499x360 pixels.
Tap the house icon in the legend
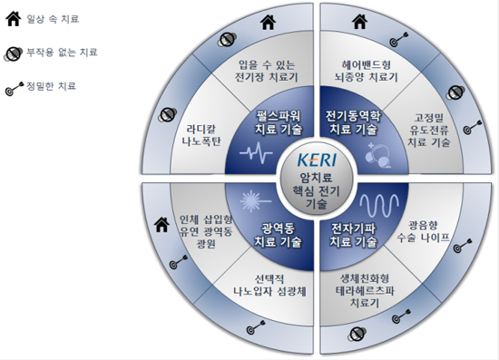[x=15, y=17]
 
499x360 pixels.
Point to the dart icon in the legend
[x=14, y=88]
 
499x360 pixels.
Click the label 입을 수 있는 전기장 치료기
[x=267, y=71]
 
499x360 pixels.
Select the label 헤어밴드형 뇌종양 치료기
[x=364, y=71]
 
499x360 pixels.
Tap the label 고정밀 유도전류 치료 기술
[x=428, y=130]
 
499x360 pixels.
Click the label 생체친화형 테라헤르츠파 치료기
[x=366, y=290]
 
